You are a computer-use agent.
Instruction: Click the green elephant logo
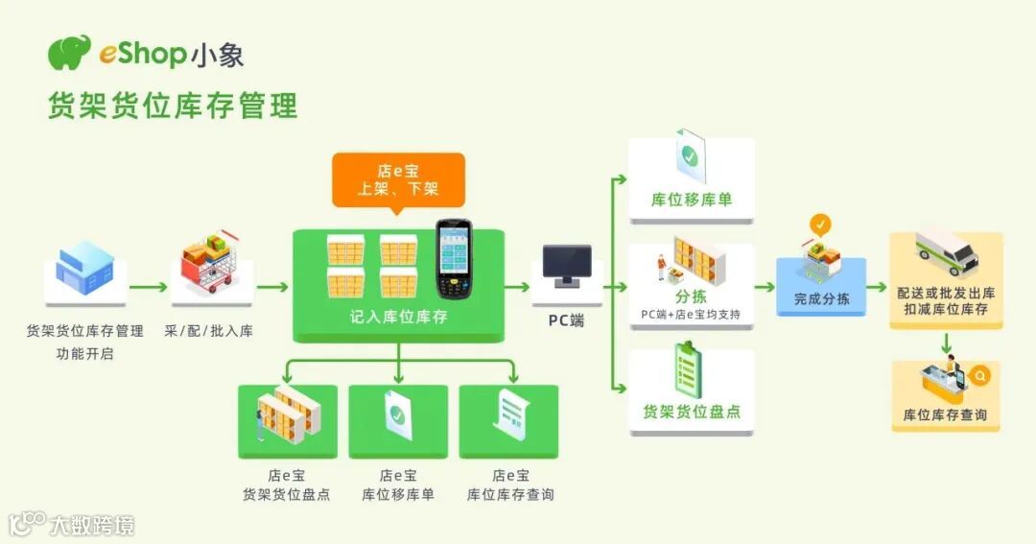(x=70, y=53)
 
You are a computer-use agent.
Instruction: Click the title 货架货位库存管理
(x=173, y=105)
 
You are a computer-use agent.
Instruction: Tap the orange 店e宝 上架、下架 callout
(x=398, y=180)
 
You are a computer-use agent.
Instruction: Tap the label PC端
(x=566, y=320)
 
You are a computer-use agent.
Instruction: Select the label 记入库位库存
(x=398, y=317)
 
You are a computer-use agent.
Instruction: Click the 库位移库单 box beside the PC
(x=692, y=200)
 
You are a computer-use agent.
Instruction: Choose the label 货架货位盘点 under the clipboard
(x=692, y=412)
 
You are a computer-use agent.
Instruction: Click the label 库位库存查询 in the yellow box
(x=946, y=415)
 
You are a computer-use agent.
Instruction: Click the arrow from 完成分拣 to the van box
(x=877, y=287)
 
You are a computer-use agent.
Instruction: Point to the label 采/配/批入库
(x=208, y=331)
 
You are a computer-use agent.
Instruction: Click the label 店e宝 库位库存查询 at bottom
(x=510, y=485)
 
